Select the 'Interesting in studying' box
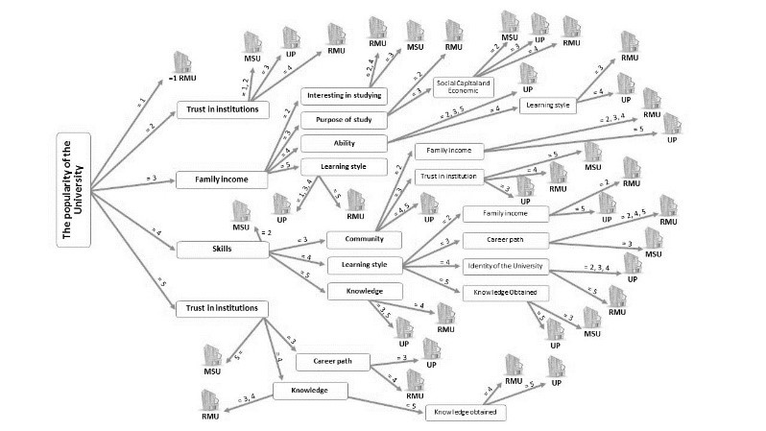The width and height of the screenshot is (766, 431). pos(344,96)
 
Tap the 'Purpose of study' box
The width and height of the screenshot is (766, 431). pos(344,120)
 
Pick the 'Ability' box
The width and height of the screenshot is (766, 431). pos(344,143)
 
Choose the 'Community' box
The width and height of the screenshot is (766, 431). pos(356,239)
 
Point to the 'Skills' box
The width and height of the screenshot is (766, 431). pos(222,249)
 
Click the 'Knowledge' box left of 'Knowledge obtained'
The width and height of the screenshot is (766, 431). pos(310,391)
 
